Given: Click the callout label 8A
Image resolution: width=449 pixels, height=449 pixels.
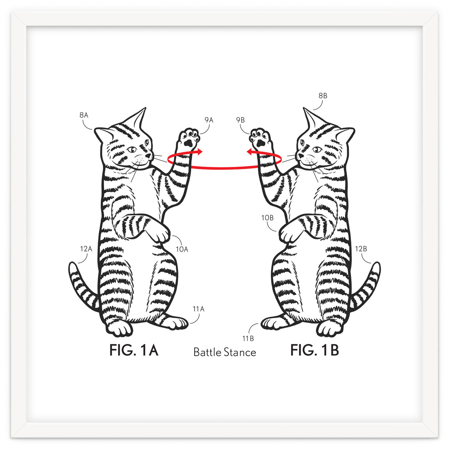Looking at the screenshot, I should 84,115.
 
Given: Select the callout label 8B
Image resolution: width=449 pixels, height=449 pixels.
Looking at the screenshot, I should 323,96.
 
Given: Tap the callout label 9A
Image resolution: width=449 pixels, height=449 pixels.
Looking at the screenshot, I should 209,120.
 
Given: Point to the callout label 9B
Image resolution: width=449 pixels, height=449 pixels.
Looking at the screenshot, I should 240,120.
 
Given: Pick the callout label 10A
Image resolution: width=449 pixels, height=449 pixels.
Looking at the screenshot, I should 182,249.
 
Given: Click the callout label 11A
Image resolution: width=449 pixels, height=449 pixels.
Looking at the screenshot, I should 198,309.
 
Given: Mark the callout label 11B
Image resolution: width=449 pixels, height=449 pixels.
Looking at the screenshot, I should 248,339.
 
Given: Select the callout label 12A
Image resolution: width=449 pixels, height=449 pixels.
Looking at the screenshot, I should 86,248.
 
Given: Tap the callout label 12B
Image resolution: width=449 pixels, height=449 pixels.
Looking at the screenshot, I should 361,248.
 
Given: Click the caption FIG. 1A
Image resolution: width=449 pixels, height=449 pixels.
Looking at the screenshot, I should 134,351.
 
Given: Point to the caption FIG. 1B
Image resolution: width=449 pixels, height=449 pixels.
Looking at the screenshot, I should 315,351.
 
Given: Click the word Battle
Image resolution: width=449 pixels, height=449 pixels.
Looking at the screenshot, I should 207,352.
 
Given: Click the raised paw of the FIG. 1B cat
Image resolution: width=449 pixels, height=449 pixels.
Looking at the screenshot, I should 259,137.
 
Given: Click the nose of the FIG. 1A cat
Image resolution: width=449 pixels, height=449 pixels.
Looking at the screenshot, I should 150,154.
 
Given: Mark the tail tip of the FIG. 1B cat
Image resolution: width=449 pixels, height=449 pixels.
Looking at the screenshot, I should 377,266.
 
